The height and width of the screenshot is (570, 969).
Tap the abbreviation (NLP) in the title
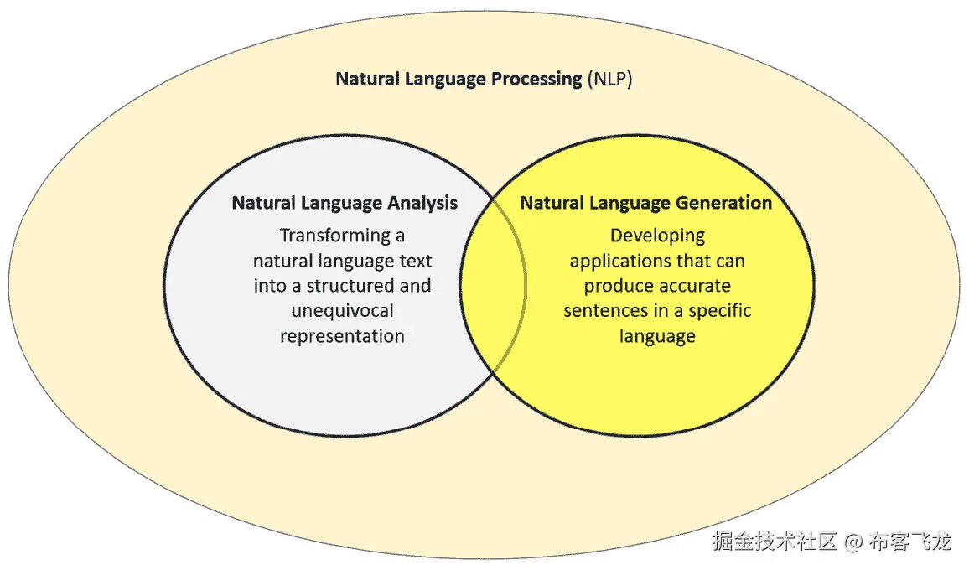[x=610, y=80]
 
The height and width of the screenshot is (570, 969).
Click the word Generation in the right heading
[x=727, y=203]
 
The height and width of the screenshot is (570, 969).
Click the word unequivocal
[x=342, y=311]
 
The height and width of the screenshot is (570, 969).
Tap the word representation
[x=342, y=336]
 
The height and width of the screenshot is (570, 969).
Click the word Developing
[x=657, y=236]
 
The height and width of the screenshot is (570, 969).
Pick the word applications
[x=619, y=261]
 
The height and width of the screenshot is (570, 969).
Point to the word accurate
[x=692, y=286]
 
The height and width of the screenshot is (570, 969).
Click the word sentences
[x=602, y=311]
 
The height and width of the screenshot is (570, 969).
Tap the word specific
[x=717, y=311]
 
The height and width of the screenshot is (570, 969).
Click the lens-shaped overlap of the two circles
[x=494, y=285]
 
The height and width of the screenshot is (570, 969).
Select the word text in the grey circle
[x=416, y=261]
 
